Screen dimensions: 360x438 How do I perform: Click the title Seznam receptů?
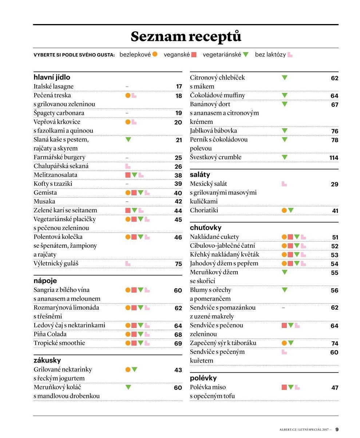point(186,36)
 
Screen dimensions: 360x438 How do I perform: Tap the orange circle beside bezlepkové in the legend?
point(155,54)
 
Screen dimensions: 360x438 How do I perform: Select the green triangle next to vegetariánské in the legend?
point(246,54)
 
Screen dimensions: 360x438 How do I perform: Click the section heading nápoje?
point(45,281)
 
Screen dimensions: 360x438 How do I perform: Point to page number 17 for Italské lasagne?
point(179,86)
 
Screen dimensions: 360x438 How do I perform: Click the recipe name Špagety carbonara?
point(59,113)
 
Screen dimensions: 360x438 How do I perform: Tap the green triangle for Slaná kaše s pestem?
point(128,139)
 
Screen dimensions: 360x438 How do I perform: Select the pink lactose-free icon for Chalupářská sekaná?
point(128,166)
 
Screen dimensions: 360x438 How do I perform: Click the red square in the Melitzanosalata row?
point(128,175)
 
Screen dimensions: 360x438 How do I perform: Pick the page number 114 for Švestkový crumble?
point(334,158)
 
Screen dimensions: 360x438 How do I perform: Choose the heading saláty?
point(200,175)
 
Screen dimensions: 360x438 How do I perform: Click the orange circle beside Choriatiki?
point(284,210)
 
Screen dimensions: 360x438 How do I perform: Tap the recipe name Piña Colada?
point(50,334)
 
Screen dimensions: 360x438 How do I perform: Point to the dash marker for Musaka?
point(127,202)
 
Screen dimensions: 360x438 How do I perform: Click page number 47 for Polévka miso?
point(335,388)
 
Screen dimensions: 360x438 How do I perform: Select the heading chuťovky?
point(206,228)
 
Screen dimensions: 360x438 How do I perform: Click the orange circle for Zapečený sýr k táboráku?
point(284,343)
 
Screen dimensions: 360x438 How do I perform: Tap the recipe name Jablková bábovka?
point(213,130)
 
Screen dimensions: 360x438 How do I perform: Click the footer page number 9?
point(337,429)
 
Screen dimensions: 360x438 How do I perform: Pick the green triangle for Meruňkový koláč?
point(128,387)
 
